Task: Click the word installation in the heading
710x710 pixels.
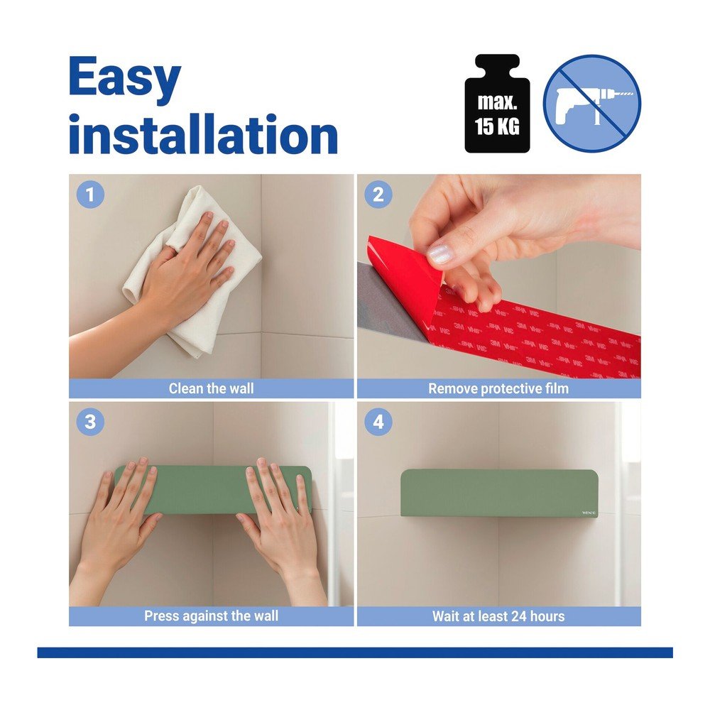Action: (203, 134)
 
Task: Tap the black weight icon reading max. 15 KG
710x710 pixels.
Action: (497, 104)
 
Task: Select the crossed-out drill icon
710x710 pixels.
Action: (592, 103)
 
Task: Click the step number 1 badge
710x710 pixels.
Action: (91, 195)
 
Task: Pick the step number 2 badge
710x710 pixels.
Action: (378, 195)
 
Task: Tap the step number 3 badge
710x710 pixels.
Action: (91, 422)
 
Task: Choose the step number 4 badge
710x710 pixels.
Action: (378, 422)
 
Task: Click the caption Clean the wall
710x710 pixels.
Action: (211, 388)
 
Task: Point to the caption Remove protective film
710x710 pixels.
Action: (498, 388)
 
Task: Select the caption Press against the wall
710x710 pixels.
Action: (211, 616)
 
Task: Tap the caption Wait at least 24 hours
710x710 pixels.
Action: (498, 616)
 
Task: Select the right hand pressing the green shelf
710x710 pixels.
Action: (280, 530)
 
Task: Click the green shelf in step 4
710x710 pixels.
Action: (499, 493)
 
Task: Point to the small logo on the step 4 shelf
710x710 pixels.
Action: (589, 513)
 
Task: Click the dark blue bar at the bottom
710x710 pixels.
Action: (355, 652)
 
